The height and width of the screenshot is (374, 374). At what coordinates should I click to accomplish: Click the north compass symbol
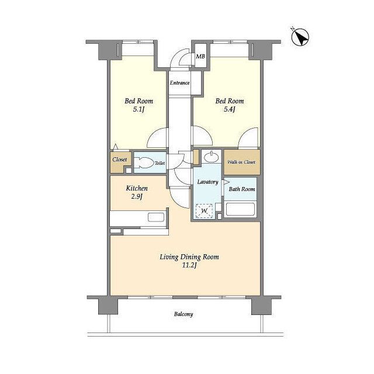[x=300, y=37]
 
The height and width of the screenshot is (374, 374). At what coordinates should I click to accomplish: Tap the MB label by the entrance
[x=200, y=57]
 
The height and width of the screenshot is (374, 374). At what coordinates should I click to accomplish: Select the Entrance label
[x=179, y=83]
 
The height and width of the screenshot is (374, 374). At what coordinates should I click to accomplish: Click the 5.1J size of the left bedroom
[x=139, y=109]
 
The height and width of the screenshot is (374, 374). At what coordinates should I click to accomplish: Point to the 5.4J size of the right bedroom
[x=230, y=109]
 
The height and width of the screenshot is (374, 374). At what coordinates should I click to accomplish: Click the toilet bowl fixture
[x=144, y=163]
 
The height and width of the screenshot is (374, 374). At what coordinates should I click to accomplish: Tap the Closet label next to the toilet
[x=119, y=160]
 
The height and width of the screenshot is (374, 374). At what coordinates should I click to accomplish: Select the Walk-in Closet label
[x=241, y=162]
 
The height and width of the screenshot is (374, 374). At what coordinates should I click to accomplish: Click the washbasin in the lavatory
[x=212, y=157]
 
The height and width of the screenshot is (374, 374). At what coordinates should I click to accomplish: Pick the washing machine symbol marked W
[x=204, y=211]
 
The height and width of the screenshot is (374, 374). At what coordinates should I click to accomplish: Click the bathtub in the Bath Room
[x=240, y=209]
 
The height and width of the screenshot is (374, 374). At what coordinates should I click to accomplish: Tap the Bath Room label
[x=242, y=189]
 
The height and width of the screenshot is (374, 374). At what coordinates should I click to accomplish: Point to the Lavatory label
[x=208, y=182]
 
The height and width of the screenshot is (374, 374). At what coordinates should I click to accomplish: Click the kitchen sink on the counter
[x=156, y=217]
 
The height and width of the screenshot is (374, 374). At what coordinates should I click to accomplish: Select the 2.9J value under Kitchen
[x=137, y=197]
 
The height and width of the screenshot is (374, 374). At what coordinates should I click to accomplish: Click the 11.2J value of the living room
[x=189, y=265]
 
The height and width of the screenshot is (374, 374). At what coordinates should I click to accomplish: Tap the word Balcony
[x=183, y=314]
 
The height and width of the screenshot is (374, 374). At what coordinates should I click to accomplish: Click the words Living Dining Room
[x=189, y=257]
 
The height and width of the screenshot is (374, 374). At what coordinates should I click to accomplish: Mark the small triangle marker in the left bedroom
[x=116, y=147]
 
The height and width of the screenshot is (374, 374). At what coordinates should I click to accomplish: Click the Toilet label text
[x=160, y=163]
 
